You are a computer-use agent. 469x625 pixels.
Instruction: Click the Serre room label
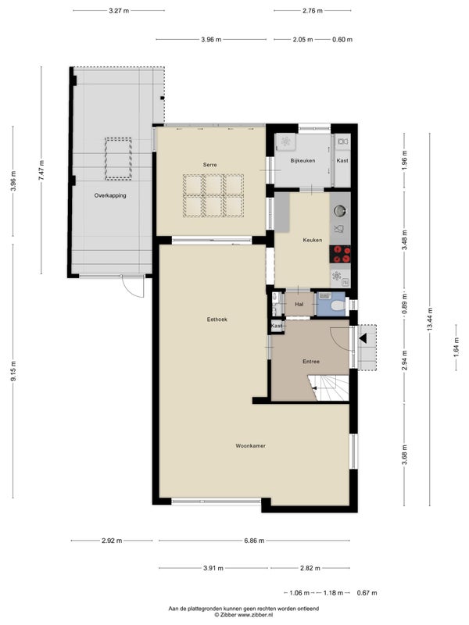[209, 165]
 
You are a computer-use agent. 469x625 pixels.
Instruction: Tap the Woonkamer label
[250, 446]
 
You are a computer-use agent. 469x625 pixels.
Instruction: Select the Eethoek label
[217, 320]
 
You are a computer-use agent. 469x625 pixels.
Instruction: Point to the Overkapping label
[110, 195]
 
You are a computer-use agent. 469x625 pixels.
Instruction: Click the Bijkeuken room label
[303, 161]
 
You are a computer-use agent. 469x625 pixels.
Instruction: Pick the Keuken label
[312, 240]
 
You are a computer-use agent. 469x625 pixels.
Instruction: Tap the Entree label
[311, 362]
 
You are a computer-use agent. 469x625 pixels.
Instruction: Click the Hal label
[299, 304]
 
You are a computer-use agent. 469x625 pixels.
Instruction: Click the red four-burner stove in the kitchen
[340, 255]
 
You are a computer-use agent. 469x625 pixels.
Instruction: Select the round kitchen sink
[340, 209]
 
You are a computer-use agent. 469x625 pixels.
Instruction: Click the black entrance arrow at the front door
[363, 338]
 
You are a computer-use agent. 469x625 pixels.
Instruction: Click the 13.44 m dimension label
[430, 320]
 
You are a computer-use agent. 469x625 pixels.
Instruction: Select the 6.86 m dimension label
[254, 541]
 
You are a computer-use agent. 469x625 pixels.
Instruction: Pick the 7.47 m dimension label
[41, 170]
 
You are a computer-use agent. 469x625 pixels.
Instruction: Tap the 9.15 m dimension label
[13, 370]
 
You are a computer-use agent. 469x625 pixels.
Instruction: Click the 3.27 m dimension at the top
[119, 11]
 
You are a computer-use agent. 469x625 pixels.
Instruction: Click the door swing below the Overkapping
[133, 287]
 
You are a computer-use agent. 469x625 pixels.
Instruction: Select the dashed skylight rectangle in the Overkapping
[119, 159]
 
